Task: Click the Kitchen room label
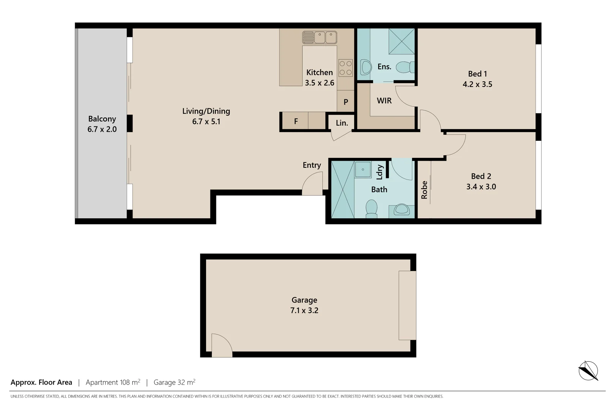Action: pyautogui.click(x=319, y=73)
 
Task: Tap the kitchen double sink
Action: pyautogui.click(x=320, y=38)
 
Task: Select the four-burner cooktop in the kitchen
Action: pyautogui.click(x=345, y=68)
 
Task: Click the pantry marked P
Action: pyautogui.click(x=345, y=102)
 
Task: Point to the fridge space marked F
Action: pyautogui.click(x=296, y=121)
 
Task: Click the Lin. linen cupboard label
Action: pyautogui.click(x=342, y=123)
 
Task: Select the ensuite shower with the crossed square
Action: pyautogui.click(x=401, y=41)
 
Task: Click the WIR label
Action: pyautogui.click(x=384, y=101)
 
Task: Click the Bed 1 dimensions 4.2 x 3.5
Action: pyautogui.click(x=477, y=84)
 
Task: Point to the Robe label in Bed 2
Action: pyautogui.click(x=424, y=190)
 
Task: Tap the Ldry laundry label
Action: pyautogui.click(x=380, y=172)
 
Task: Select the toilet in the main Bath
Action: pyautogui.click(x=371, y=209)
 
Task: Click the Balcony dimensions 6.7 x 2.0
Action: pyautogui.click(x=102, y=129)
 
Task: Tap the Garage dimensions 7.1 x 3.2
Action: pyautogui.click(x=304, y=310)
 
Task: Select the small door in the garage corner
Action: pyautogui.click(x=221, y=345)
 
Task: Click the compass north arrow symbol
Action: pyautogui.click(x=588, y=371)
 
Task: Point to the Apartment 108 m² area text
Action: pyautogui.click(x=113, y=382)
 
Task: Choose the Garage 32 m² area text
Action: pyautogui.click(x=174, y=382)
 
